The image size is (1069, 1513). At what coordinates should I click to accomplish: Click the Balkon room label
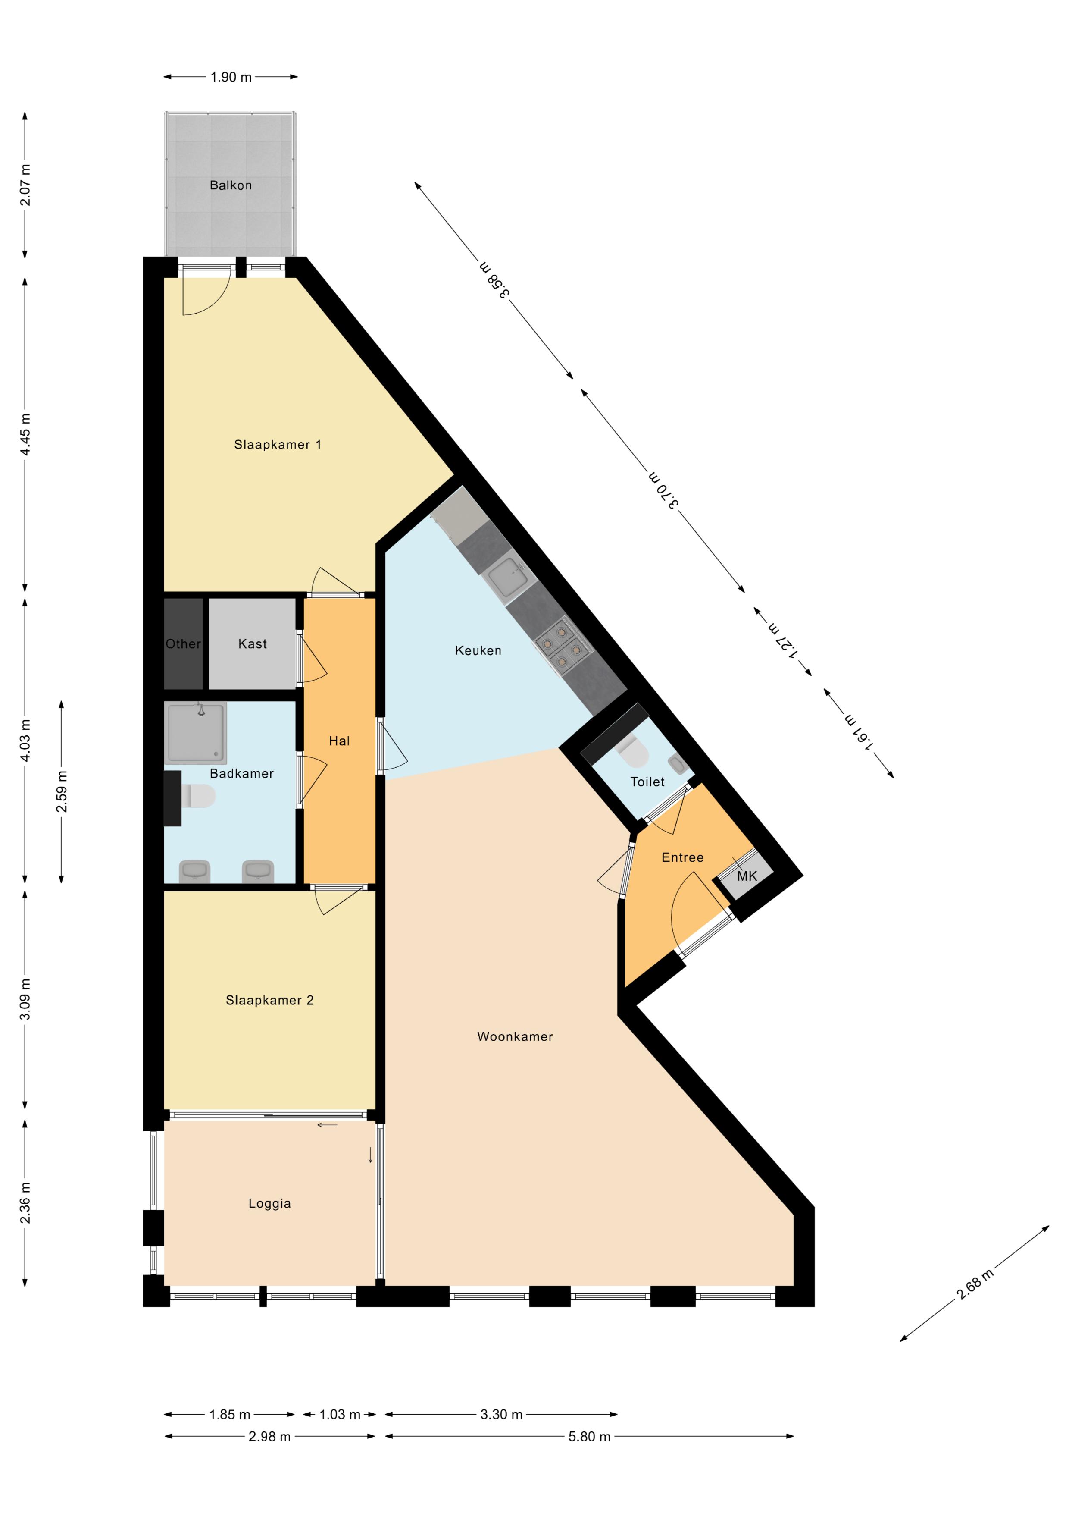pyautogui.click(x=231, y=185)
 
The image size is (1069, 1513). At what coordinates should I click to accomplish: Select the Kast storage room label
pyautogui.click(x=252, y=644)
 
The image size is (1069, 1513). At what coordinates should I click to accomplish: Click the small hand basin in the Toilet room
pyautogui.click(x=678, y=764)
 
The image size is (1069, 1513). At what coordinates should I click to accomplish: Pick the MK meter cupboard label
pyautogui.click(x=747, y=876)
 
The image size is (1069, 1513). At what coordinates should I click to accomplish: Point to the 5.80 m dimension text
pyautogui.click(x=590, y=1437)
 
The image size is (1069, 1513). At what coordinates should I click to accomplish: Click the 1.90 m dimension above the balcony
pyautogui.click(x=231, y=77)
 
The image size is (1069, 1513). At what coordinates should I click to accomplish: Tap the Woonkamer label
pyautogui.click(x=515, y=1036)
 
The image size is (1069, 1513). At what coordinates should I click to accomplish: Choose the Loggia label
pyautogui.click(x=269, y=1203)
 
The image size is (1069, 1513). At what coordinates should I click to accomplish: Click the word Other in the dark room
pyautogui.click(x=183, y=644)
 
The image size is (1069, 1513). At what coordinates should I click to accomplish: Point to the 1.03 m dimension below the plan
pyautogui.click(x=340, y=1415)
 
